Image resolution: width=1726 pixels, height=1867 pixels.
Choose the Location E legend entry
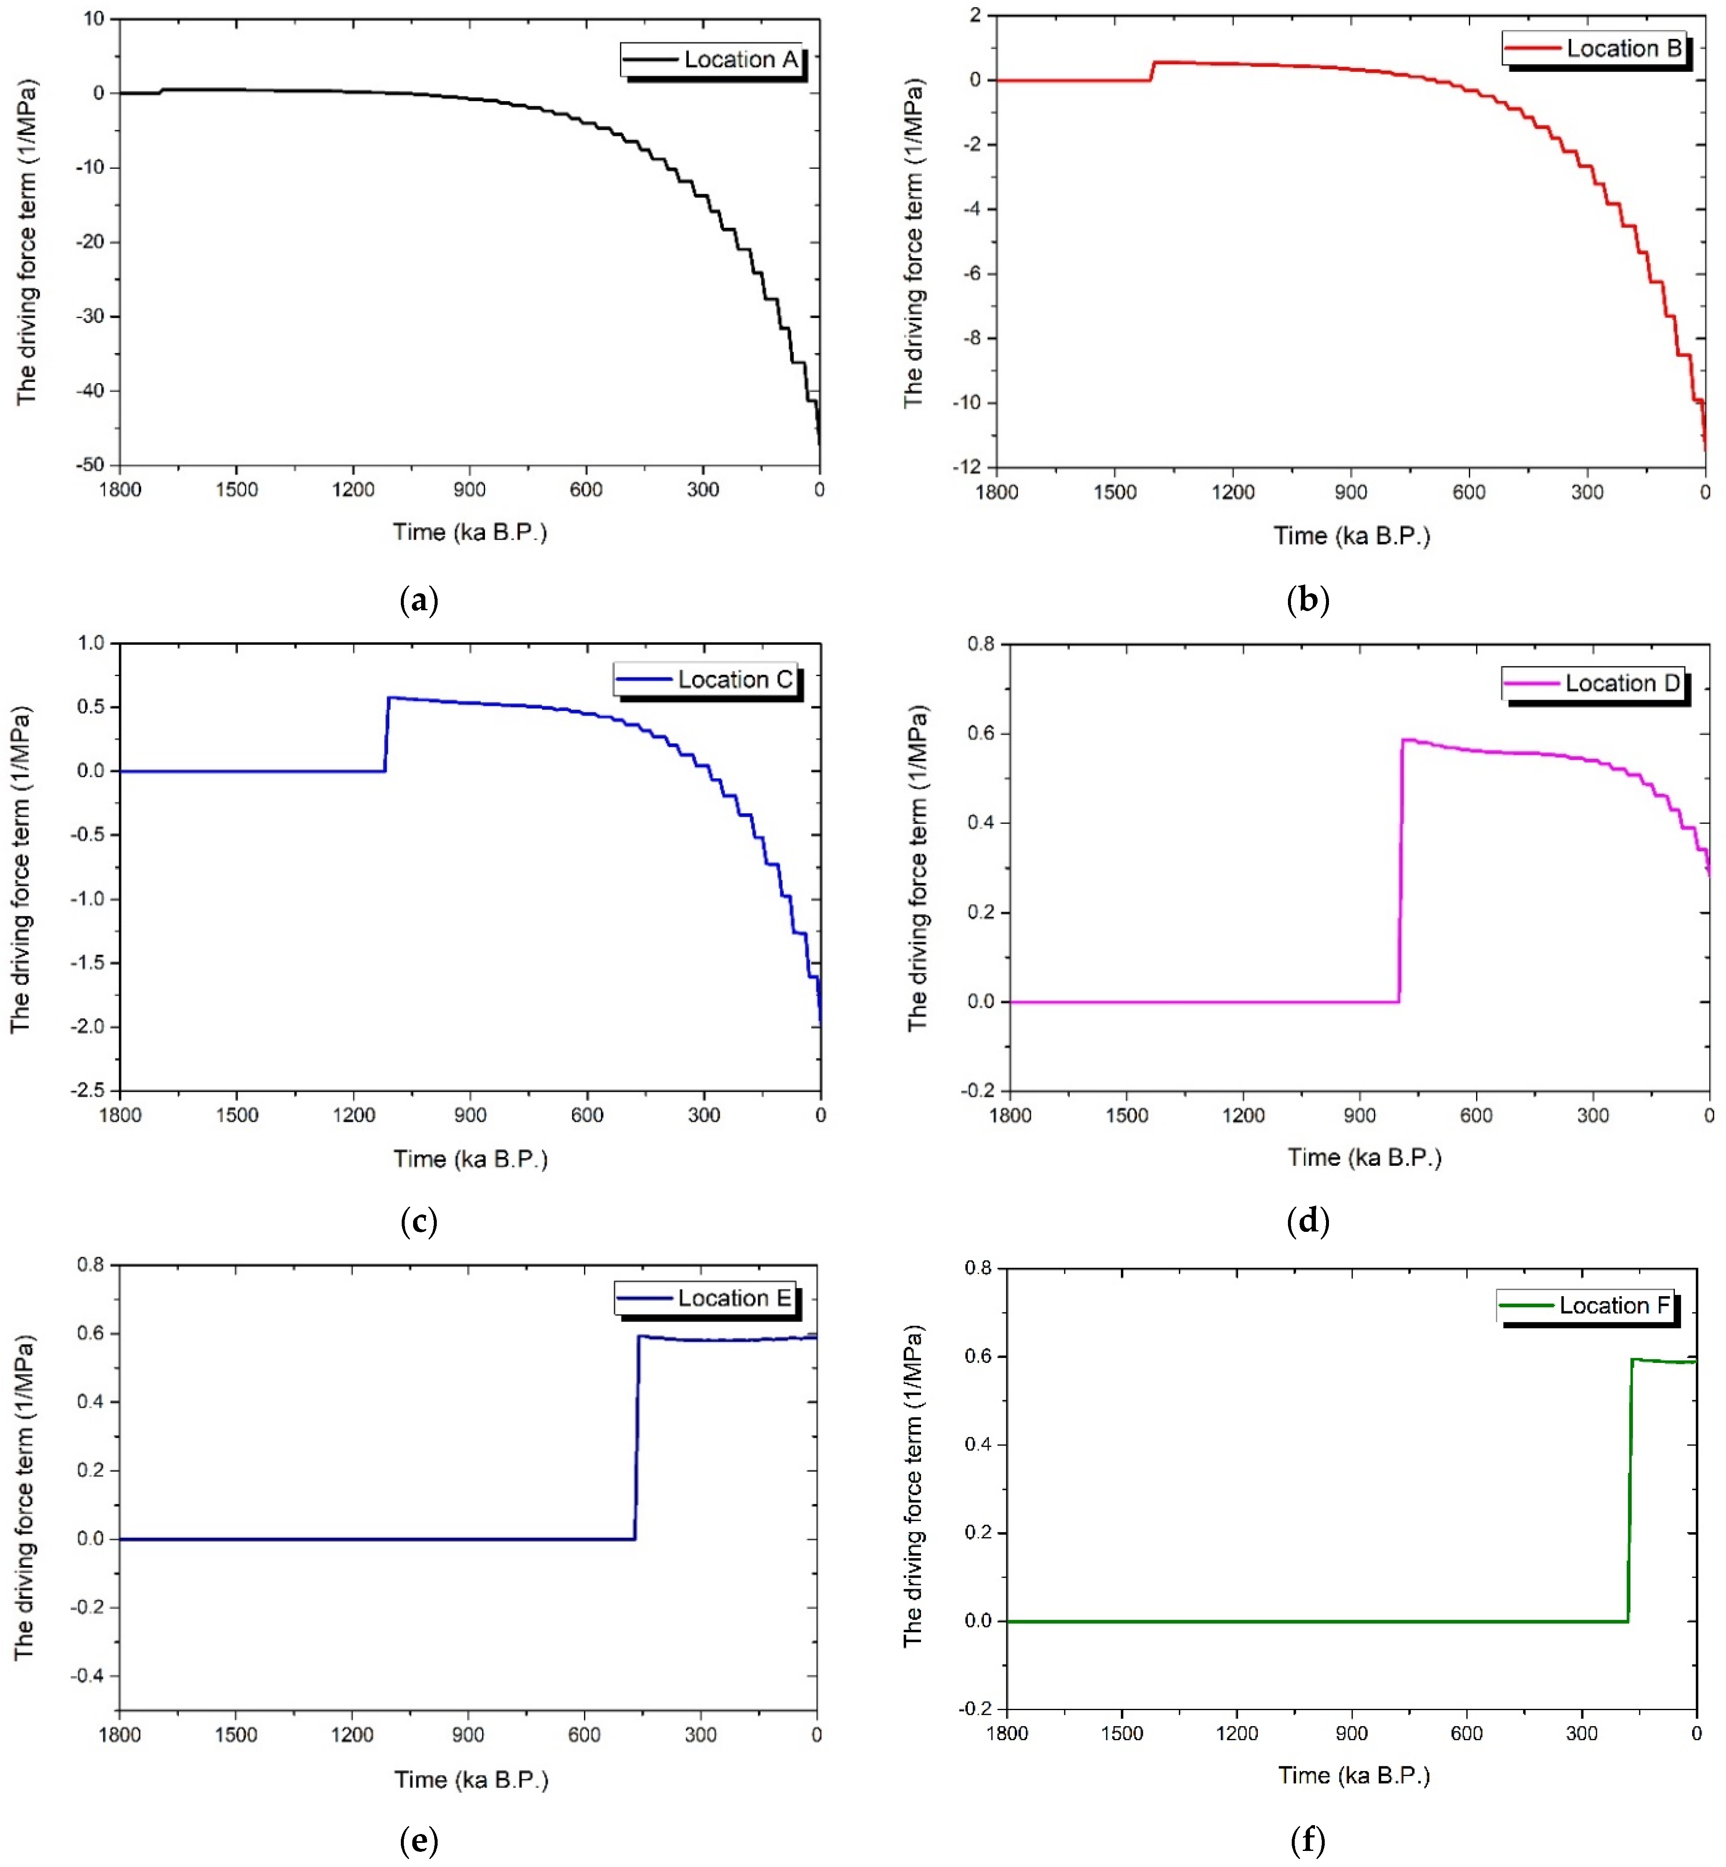(706, 1298)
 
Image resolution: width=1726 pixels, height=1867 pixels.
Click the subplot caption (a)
(419, 600)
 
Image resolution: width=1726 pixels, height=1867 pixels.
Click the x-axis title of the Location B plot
(1351, 536)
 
